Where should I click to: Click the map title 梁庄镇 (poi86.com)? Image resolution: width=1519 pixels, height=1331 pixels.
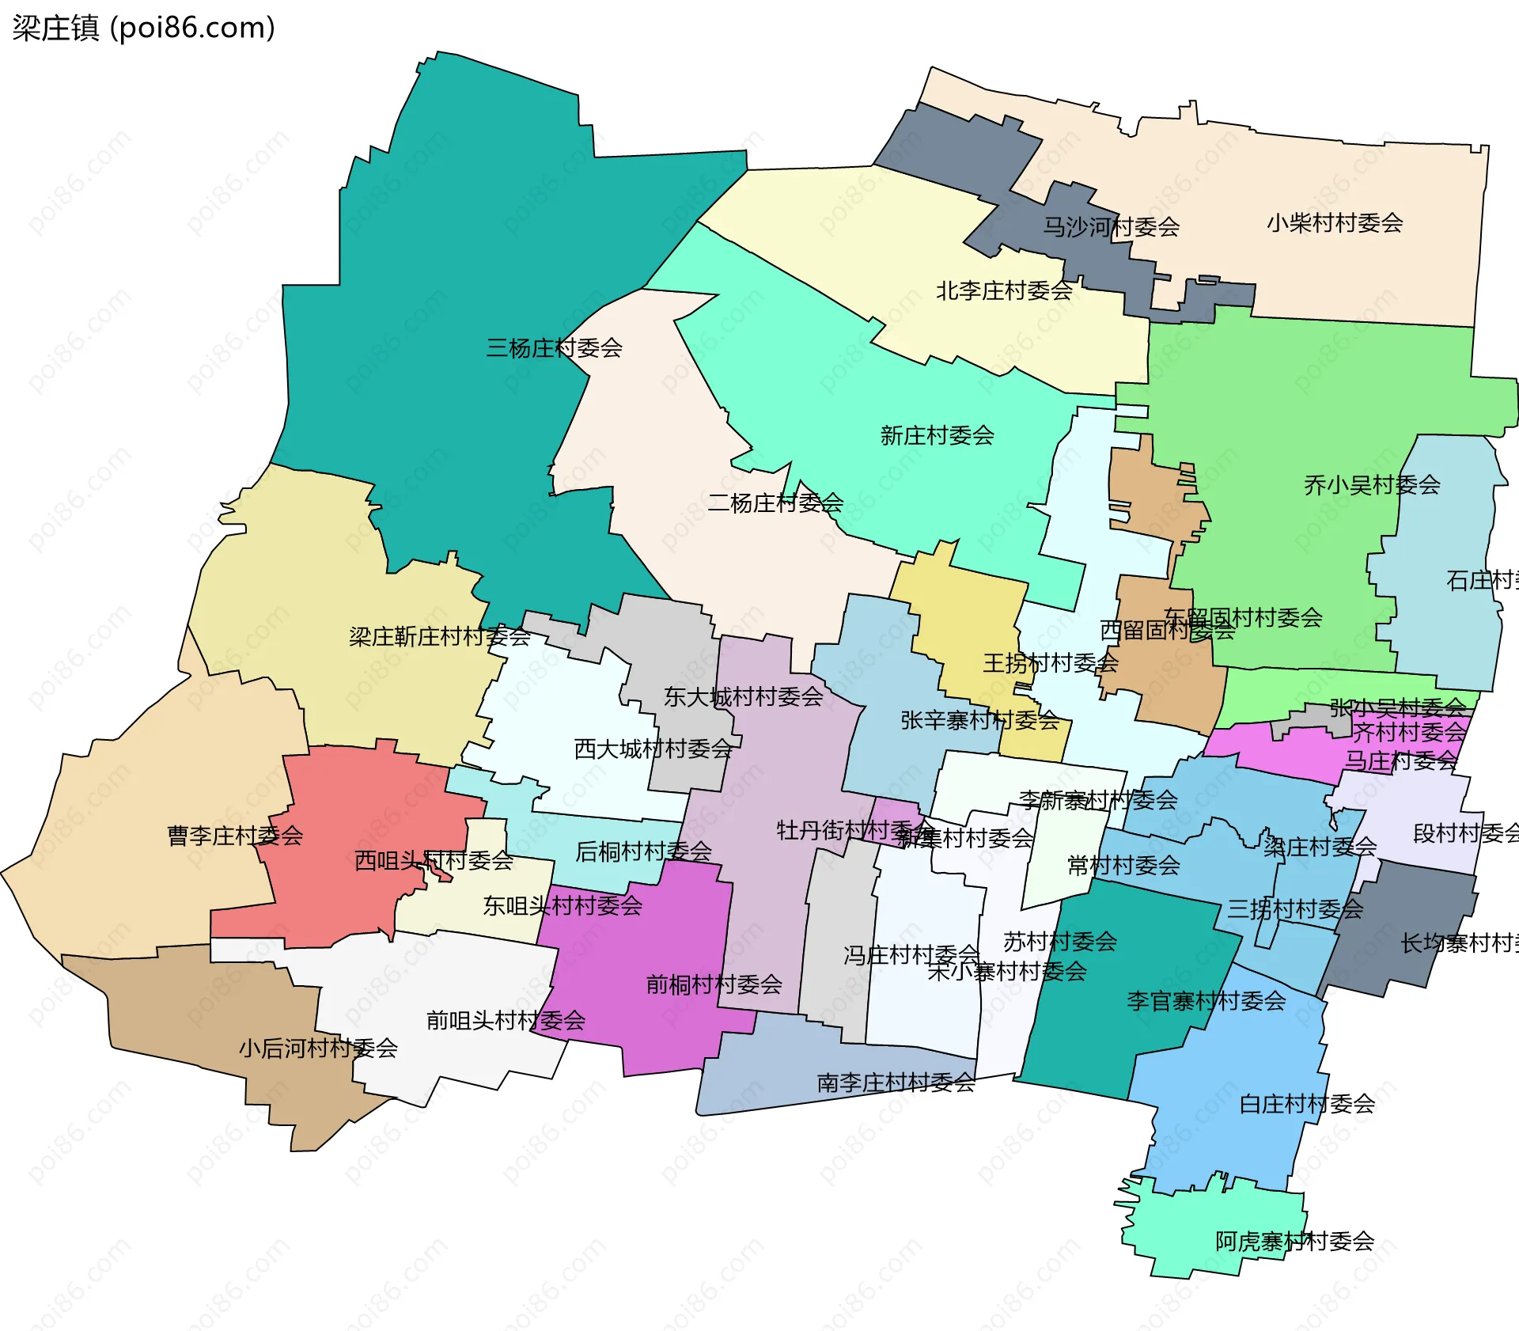(x=143, y=28)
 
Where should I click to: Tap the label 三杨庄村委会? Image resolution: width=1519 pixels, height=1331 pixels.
(x=554, y=348)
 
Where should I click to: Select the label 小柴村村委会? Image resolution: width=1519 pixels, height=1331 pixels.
(x=1335, y=223)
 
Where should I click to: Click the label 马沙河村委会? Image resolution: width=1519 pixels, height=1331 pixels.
(x=1111, y=227)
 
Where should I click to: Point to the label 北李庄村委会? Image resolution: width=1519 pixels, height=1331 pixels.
(x=1004, y=291)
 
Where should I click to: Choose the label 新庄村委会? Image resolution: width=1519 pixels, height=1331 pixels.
(x=937, y=435)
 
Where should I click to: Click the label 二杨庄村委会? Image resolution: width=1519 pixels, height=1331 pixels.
(x=775, y=502)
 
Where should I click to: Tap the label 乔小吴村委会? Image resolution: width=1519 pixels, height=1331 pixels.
(x=1372, y=485)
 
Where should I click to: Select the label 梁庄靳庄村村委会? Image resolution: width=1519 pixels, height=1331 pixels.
(x=439, y=636)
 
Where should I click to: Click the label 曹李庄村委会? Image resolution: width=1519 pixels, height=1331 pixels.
(x=235, y=836)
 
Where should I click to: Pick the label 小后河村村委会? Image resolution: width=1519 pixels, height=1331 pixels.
(x=318, y=1048)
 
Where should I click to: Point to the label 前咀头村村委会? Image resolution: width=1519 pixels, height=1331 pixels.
(x=506, y=1021)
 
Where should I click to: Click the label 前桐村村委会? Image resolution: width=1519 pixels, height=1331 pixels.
(x=714, y=984)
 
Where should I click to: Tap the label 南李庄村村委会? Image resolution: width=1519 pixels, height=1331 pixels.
(x=896, y=1083)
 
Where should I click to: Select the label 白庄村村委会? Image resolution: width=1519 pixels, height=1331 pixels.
(x=1306, y=1104)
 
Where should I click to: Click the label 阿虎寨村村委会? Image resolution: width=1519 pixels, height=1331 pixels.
(x=1294, y=1242)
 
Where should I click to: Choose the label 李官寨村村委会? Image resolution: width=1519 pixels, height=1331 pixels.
(x=1206, y=1001)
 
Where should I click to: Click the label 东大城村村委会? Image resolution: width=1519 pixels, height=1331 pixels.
(x=743, y=697)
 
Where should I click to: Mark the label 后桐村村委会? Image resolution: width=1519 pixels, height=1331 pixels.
(x=643, y=851)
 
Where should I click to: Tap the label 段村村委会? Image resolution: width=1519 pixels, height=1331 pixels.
(x=1465, y=833)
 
